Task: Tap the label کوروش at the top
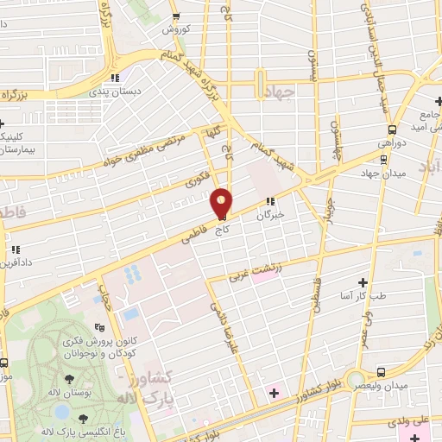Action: pyautogui.click(x=176, y=28)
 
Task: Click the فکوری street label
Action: pyautogui.click(x=195, y=180)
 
